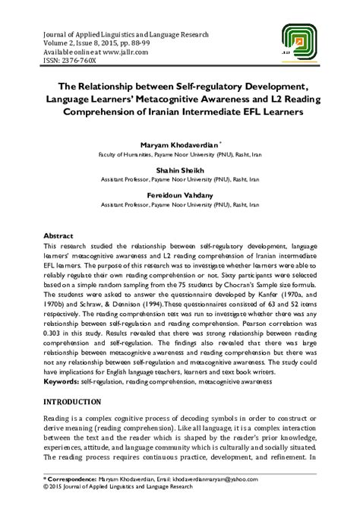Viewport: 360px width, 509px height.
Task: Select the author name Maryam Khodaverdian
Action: [x=178, y=144]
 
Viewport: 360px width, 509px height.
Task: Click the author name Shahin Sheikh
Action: [x=179, y=169]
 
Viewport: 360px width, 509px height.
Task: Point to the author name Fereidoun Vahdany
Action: [x=179, y=194]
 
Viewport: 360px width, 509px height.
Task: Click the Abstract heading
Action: [x=59, y=236]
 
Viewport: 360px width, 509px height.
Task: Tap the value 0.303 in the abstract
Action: [x=57, y=332]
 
